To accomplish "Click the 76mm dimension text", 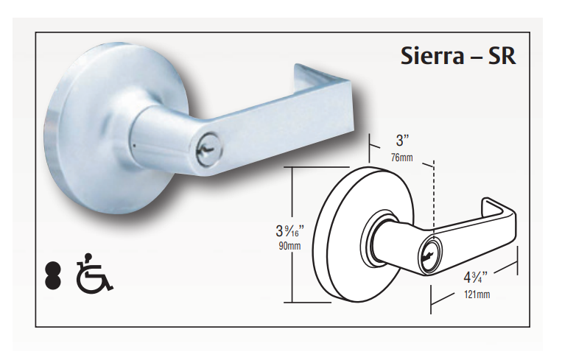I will click(401, 156).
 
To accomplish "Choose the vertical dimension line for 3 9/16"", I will click(293, 191).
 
